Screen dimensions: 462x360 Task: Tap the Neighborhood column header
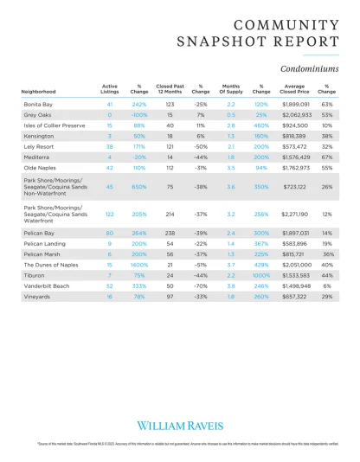point(40,91)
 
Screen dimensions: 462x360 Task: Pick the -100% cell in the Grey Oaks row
point(139,114)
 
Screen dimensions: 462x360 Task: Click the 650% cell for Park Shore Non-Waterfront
point(139,186)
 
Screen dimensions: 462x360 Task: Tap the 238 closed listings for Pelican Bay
point(170,234)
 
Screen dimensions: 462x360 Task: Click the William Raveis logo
point(180,425)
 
